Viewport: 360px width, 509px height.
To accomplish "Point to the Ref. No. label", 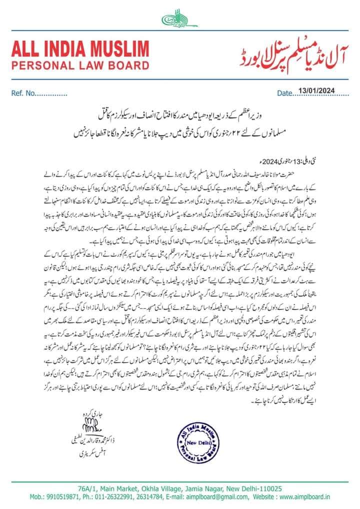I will coord(24,93).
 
